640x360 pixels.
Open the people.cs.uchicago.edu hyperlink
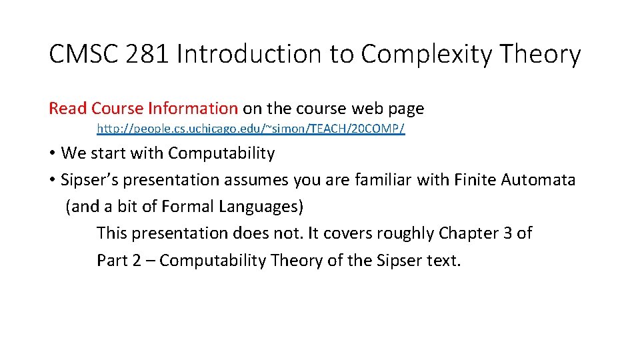[250, 128]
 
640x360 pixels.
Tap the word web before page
[365, 108]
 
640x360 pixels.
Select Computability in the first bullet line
[221, 153]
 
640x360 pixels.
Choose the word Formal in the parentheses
[183, 207]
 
